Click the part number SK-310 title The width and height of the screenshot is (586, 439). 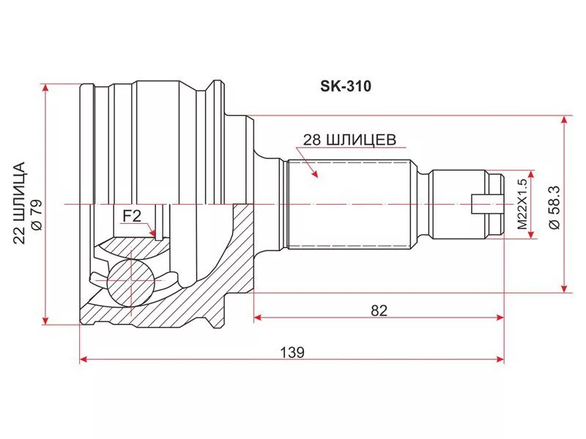coord(346,86)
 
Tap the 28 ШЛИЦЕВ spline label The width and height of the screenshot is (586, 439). coord(349,140)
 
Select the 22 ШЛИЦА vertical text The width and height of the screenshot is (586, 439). coord(19,203)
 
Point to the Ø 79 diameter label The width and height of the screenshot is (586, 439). coord(37,215)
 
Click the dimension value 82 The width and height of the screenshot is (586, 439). coord(379,310)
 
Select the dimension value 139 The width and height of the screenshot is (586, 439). coord(292,353)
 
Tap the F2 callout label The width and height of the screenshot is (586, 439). coord(132,216)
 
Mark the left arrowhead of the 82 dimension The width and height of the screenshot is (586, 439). coord(258,318)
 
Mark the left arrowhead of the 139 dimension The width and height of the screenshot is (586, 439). coord(84,359)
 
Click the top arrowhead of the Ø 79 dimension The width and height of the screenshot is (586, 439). coord(45,88)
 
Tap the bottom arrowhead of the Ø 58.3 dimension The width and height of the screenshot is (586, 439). coord(564,288)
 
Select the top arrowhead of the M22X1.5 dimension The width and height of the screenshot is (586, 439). coord(530,175)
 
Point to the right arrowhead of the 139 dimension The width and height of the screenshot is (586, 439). coord(500,359)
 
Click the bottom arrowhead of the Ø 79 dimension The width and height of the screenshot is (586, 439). coord(45,320)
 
